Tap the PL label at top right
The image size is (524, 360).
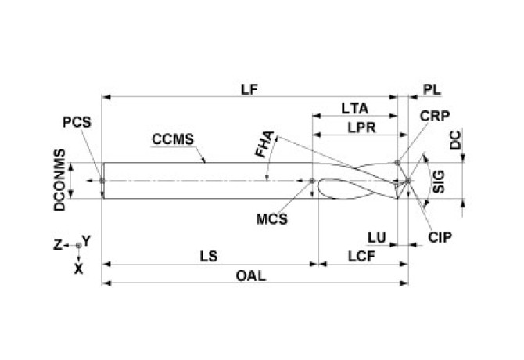click(x=432, y=89)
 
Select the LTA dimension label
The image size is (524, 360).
click(x=355, y=107)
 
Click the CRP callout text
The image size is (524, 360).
click(x=433, y=115)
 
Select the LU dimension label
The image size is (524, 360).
click(x=377, y=236)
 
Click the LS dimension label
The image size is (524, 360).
click(x=209, y=256)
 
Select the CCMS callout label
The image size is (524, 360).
click(x=172, y=141)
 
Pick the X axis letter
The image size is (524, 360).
click(x=77, y=267)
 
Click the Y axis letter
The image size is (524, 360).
click(x=88, y=240)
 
